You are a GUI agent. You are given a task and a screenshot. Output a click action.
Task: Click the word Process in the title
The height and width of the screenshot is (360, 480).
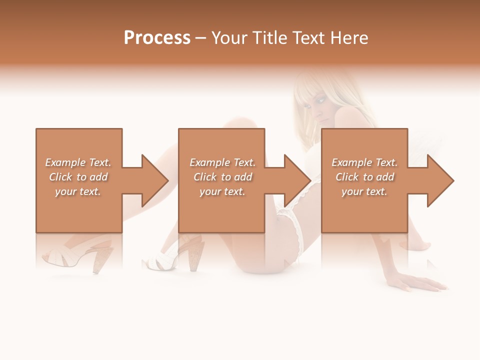(x=157, y=38)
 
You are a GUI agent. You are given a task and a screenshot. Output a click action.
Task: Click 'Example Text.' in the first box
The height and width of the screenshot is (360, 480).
(x=78, y=162)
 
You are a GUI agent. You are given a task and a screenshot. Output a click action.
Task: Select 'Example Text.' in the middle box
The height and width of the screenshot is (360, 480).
(x=222, y=162)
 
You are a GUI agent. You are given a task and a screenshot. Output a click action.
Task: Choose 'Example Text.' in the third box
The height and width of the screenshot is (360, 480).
(x=364, y=162)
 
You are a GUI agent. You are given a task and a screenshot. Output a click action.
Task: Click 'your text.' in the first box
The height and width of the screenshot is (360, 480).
(x=78, y=191)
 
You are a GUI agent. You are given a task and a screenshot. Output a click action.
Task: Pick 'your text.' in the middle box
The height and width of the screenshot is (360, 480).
(x=222, y=191)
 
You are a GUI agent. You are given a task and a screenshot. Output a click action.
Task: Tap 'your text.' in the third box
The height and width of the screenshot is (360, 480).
(x=364, y=191)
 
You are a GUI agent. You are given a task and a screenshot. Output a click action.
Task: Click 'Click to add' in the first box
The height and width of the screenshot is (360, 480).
(x=78, y=177)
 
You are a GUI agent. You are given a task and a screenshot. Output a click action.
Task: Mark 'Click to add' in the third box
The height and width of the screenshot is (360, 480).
(x=364, y=177)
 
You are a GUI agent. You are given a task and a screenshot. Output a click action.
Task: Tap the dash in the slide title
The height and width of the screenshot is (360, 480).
(x=200, y=38)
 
